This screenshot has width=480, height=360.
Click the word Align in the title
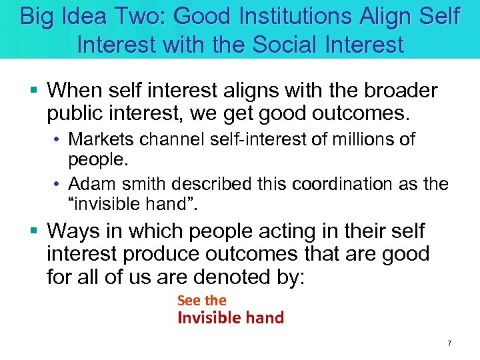(376, 16)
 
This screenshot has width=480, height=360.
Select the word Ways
(73, 231)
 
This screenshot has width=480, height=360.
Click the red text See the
(201, 301)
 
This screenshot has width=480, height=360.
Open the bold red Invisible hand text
(230, 318)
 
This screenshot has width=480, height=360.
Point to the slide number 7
(449, 343)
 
